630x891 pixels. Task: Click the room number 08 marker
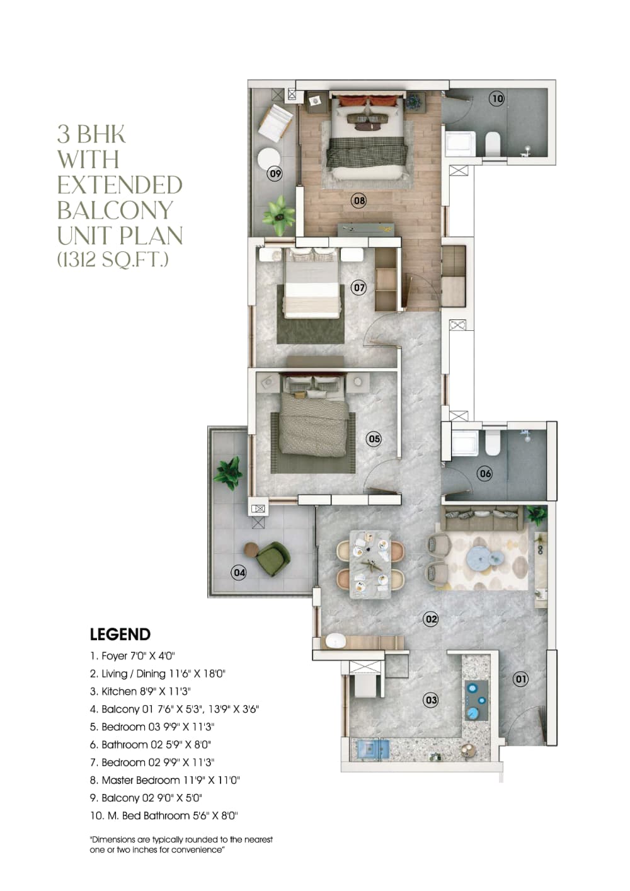[x=359, y=201]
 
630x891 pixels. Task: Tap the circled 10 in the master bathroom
[x=498, y=98]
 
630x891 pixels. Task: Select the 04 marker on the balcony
[x=239, y=572]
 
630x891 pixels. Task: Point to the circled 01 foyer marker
[x=520, y=679]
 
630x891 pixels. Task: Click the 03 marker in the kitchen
[x=431, y=699]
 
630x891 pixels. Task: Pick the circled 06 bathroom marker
[x=484, y=473]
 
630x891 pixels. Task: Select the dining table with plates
[x=370, y=563]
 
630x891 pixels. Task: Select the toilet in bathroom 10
[x=493, y=144]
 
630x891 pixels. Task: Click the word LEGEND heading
[x=120, y=634]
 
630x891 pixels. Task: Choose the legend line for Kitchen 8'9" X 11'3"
[x=140, y=691]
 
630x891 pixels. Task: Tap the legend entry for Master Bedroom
[x=165, y=779]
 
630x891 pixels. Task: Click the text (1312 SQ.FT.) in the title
[x=113, y=259]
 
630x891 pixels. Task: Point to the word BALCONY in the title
[x=115, y=210]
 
